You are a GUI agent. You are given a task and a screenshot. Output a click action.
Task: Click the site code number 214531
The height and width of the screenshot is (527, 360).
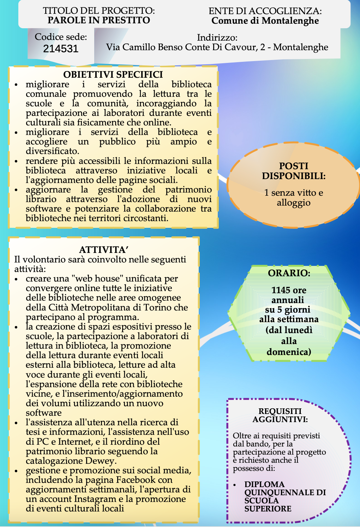pos(61,49)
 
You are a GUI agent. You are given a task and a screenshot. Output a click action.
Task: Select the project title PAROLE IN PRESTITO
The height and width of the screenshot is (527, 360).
pos(99,20)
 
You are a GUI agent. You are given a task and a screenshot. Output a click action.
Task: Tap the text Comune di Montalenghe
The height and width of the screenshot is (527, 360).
pos(265,21)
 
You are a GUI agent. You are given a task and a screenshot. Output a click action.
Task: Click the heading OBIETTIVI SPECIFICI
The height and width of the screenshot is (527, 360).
pos(113,75)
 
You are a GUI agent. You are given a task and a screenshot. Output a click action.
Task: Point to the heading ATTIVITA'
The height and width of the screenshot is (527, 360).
pos(104,250)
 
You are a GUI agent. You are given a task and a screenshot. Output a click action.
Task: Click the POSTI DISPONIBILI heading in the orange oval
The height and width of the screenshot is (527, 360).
pos(294,171)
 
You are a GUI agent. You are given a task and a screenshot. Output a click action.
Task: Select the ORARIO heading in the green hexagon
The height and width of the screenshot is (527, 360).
pos(289,273)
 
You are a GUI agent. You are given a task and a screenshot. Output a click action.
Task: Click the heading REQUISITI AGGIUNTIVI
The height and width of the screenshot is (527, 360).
pos(280,415)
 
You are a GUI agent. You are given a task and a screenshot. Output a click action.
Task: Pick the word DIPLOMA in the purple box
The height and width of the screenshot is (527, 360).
pos(264,484)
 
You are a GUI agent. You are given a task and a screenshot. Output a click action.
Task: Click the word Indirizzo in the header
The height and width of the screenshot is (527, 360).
pos(217,37)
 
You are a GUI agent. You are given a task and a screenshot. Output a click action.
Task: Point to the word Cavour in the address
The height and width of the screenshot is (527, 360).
pos(241,47)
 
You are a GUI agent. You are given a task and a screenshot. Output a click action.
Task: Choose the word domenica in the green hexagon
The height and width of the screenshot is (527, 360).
pos(289,352)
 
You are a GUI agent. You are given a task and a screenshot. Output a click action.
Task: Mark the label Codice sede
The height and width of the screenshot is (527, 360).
pos(61,37)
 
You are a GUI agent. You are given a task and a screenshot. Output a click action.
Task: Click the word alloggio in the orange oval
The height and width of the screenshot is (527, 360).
pos(294,203)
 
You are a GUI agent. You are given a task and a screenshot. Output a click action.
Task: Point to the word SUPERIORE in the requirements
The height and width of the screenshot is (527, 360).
pos(268,509)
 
